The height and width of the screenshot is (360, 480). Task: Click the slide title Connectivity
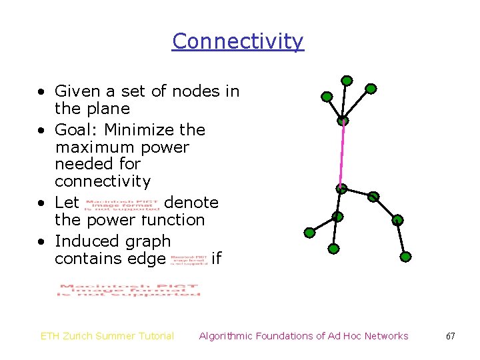[238, 41]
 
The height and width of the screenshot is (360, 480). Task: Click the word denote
[191, 201]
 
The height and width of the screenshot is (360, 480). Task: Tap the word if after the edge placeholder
[216, 259]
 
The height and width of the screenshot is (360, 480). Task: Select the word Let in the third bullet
[67, 201]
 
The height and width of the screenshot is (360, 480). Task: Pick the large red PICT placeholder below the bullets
[129, 291]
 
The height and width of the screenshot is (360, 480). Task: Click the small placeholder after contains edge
[188, 259]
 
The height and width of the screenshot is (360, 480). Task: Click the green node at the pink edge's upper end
[343, 121]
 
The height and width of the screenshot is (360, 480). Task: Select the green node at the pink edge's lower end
[341, 189]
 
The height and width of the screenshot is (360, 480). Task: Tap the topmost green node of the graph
[347, 81]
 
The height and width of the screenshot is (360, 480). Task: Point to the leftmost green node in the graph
[309, 233]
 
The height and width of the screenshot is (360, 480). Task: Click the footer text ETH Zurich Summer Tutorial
[107, 336]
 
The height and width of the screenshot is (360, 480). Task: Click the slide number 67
[451, 336]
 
